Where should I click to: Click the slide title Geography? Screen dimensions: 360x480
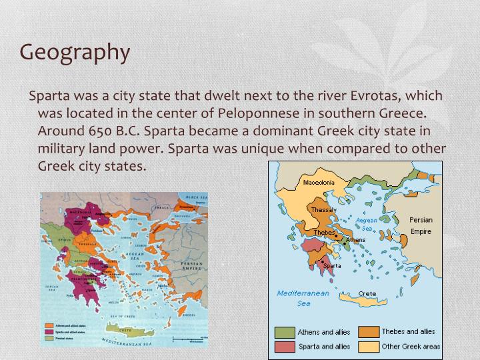74,53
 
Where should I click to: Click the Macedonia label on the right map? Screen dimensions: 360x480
319,182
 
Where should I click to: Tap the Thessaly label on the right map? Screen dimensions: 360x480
324,210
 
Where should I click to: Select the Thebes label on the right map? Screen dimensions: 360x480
324,233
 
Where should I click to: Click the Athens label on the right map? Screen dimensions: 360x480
355,239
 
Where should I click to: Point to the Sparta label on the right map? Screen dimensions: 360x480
331,265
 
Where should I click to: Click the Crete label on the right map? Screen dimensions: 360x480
367,294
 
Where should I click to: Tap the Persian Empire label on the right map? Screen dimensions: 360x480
421,225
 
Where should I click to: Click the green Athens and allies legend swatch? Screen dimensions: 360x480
285,331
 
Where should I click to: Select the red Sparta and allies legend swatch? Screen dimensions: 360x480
285,347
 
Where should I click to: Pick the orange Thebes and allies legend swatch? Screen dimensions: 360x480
368,331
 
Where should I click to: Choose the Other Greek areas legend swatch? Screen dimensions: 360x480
368,347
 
